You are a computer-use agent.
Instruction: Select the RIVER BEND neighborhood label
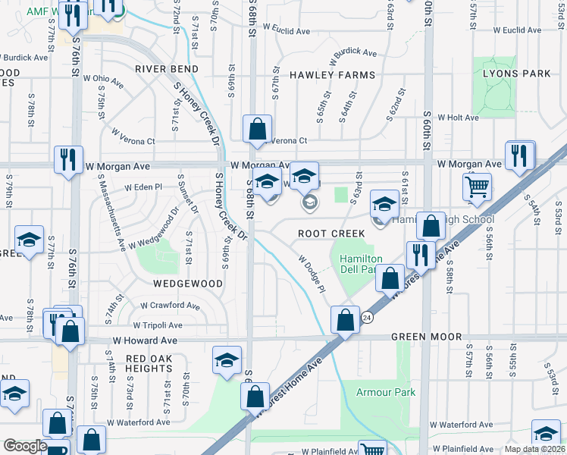(167, 69)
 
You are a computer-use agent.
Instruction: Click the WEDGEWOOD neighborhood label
(188, 283)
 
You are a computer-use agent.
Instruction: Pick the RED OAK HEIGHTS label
(149, 363)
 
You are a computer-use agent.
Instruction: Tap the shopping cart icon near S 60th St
(477, 186)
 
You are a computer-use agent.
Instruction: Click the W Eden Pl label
(143, 187)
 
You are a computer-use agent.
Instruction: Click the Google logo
(24, 447)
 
